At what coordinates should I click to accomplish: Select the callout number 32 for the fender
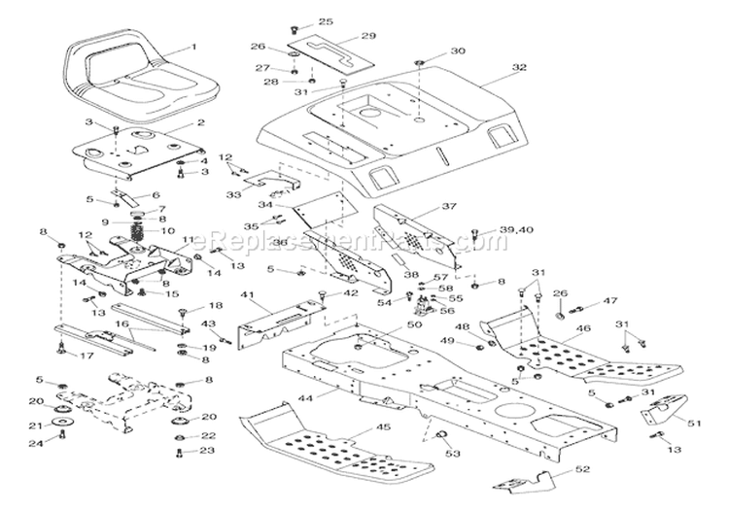[x=519, y=67]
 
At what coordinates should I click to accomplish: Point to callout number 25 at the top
[x=326, y=21]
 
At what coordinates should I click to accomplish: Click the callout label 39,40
[x=491, y=230]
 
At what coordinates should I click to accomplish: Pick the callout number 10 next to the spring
[x=169, y=230]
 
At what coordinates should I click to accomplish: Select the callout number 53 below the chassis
[x=449, y=453]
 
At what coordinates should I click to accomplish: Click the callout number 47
[x=609, y=302]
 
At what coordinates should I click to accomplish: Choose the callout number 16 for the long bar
[x=122, y=323]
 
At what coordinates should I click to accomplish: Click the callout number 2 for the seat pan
[x=200, y=123]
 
